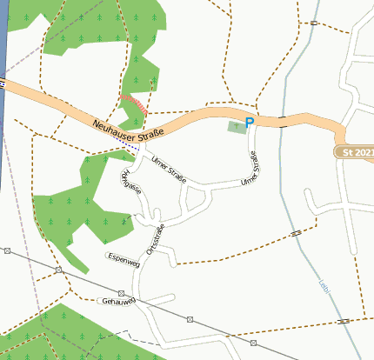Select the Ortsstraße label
tap(157, 237)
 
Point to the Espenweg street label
tap(122, 258)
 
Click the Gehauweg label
tap(118, 302)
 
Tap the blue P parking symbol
tap(250, 123)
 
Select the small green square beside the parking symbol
tap(236, 127)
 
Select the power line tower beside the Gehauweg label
tap(121, 293)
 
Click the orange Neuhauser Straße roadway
tap(200, 118)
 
